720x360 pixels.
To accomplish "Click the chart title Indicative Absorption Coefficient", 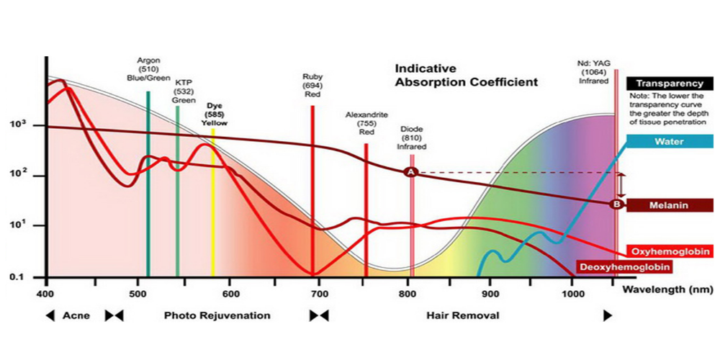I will pos(465,75).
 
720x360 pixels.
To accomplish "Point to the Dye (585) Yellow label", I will pos(215,114).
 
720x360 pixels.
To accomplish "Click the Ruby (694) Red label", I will pos(312,85).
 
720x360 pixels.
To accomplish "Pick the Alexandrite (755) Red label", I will pos(366,123).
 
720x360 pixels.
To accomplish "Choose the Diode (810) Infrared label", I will pos(412,138).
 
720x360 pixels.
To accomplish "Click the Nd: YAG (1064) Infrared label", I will pos(594,72).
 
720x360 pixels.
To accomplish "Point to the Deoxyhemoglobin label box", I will pos(624,267).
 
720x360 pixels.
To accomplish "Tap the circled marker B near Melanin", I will pos(616,204).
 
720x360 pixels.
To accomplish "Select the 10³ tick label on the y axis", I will pos(17,125).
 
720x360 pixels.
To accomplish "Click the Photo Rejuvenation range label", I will pos(217,315).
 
